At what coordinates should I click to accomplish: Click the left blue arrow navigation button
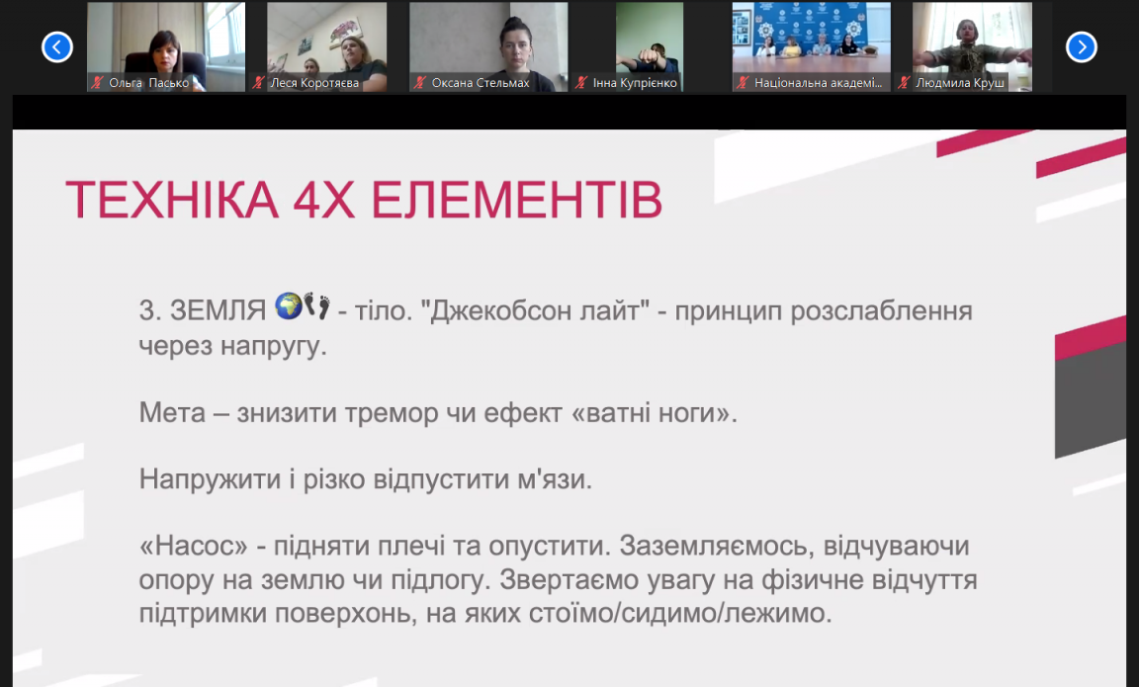(57, 47)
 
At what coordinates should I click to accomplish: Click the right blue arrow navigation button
(1081, 47)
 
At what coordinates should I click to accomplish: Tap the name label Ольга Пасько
(149, 83)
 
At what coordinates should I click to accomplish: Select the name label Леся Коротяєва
(314, 83)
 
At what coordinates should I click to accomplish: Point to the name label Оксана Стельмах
(481, 83)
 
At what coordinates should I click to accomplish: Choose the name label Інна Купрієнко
(635, 83)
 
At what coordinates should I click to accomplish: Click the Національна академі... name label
(818, 83)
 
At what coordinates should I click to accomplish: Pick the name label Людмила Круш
(960, 83)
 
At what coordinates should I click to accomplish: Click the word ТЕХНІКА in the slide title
(172, 200)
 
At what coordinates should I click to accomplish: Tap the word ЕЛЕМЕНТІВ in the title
(516, 200)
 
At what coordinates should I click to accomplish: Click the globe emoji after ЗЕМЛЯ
(289, 305)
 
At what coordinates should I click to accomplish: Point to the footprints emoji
(316, 305)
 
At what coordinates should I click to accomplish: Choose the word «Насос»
(194, 546)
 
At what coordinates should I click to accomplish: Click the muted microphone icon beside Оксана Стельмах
(419, 83)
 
